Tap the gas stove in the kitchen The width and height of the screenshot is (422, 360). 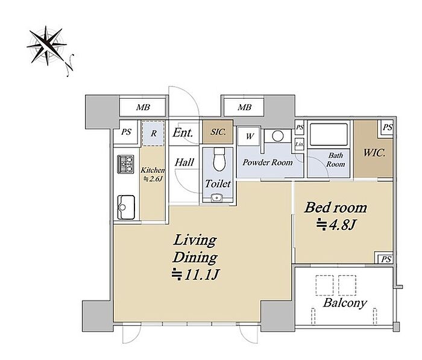(x=125, y=164)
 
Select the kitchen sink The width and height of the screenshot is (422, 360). (x=126, y=207)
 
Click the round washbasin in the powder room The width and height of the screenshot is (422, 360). (x=278, y=135)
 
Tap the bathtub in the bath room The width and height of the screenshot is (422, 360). (x=329, y=134)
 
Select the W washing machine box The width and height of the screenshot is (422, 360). (x=249, y=136)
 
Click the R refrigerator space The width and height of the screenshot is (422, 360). (x=153, y=133)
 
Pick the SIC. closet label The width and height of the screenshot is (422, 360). (x=218, y=132)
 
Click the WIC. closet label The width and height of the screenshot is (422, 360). (x=374, y=153)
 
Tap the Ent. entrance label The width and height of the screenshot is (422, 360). (x=183, y=132)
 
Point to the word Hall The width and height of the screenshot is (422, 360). (x=184, y=163)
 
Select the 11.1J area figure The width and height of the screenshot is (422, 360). (x=196, y=274)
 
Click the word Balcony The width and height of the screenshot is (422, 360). (x=345, y=303)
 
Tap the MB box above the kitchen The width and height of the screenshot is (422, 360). (x=143, y=108)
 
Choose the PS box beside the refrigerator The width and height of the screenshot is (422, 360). (x=126, y=132)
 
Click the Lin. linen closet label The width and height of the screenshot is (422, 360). (x=299, y=144)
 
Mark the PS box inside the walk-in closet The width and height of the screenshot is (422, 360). (x=387, y=128)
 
